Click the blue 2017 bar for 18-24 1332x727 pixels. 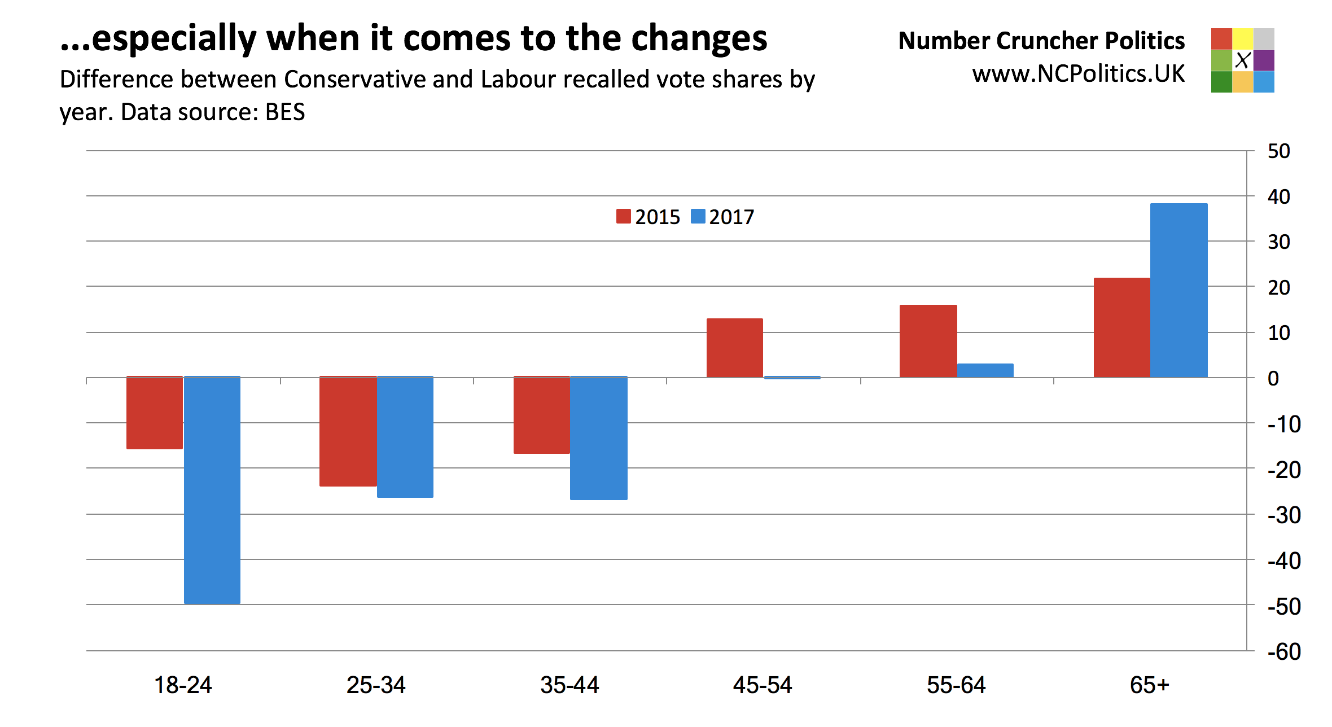(x=212, y=490)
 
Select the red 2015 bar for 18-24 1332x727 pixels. (x=155, y=413)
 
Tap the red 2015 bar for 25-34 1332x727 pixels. (x=348, y=431)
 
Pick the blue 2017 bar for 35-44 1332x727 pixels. (x=599, y=438)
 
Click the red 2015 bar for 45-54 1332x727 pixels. (x=735, y=348)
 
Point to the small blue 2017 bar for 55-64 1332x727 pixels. (x=985, y=371)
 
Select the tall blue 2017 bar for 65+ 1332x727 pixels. (x=1179, y=290)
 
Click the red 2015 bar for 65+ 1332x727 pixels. (x=1121, y=327)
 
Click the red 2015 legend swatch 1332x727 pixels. (x=623, y=217)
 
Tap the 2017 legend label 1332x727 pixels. (x=731, y=217)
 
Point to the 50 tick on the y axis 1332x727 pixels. (x=1278, y=151)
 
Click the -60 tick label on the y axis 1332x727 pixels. (x=1284, y=652)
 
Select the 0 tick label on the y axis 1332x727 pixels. (x=1273, y=378)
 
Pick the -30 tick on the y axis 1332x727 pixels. (x=1284, y=515)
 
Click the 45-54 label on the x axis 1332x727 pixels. (x=763, y=685)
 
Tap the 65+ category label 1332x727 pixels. (x=1150, y=685)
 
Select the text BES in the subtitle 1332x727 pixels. (x=285, y=112)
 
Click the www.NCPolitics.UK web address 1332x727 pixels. (x=1078, y=74)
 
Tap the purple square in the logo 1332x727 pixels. (x=1264, y=60)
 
